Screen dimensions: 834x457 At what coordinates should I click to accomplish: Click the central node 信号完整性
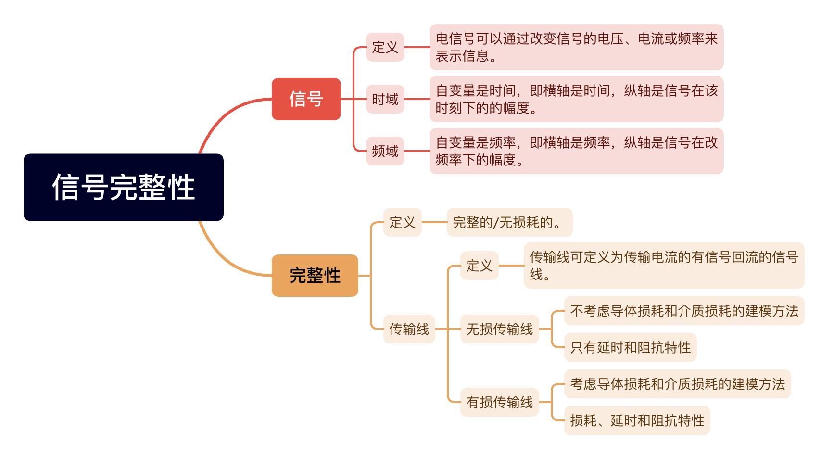click(x=124, y=187)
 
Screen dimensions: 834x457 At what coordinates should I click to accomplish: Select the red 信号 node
click(x=306, y=99)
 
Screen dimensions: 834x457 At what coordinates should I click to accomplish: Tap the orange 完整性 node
click(x=315, y=276)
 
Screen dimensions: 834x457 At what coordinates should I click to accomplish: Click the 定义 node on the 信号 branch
click(x=385, y=47)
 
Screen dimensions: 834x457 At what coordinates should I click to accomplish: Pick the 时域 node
click(x=385, y=99)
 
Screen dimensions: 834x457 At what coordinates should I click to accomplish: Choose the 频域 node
click(x=385, y=151)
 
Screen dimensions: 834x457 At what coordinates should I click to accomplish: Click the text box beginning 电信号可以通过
click(x=577, y=47)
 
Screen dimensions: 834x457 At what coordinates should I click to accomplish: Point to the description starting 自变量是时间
click(x=577, y=99)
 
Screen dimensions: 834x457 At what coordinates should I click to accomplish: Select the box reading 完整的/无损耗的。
click(x=510, y=222)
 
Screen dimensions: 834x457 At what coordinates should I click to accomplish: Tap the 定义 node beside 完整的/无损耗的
click(x=403, y=222)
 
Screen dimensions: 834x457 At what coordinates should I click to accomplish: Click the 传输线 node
click(x=409, y=329)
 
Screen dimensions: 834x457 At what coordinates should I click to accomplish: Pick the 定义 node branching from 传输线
click(x=480, y=266)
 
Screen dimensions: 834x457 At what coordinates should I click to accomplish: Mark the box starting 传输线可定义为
click(x=664, y=266)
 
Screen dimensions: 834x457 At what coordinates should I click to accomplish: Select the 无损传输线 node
click(x=500, y=329)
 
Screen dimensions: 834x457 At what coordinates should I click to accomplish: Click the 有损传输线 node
click(x=500, y=402)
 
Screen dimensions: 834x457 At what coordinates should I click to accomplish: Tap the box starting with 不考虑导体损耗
click(x=684, y=311)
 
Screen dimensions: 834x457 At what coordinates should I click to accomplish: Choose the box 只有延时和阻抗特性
click(x=631, y=347)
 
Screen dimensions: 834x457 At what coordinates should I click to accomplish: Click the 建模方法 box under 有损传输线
click(x=678, y=384)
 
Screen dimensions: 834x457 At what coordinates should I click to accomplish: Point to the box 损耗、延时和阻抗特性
click(x=637, y=420)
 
